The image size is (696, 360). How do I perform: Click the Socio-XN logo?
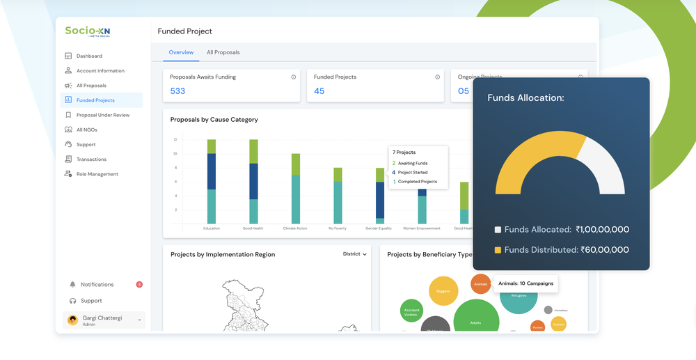[88, 31]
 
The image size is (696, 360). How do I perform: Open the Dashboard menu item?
[89, 56]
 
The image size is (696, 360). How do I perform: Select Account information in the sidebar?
[100, 71]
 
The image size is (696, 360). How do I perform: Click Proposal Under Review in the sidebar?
[103, 115]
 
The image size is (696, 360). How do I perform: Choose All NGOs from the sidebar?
[88, 130]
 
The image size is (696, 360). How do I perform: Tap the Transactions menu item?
[91, 159]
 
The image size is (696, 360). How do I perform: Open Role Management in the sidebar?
[97, 174]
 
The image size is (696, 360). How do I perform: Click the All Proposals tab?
[223, 52]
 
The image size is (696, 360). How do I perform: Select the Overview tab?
[181, 52]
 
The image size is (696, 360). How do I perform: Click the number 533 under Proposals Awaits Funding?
[177, 91]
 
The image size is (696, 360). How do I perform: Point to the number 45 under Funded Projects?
[319, 91]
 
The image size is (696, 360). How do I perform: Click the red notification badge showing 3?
[139, 284]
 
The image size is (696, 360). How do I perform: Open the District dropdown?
[354, 254]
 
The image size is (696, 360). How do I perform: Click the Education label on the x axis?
[211, 228]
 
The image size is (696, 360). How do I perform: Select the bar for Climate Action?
[296, 188]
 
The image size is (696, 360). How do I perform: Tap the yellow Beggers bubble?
[443, 291]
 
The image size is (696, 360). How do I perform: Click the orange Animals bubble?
[481, 283]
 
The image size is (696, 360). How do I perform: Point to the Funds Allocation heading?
[525, 98]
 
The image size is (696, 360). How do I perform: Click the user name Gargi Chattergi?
[102, 318]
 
